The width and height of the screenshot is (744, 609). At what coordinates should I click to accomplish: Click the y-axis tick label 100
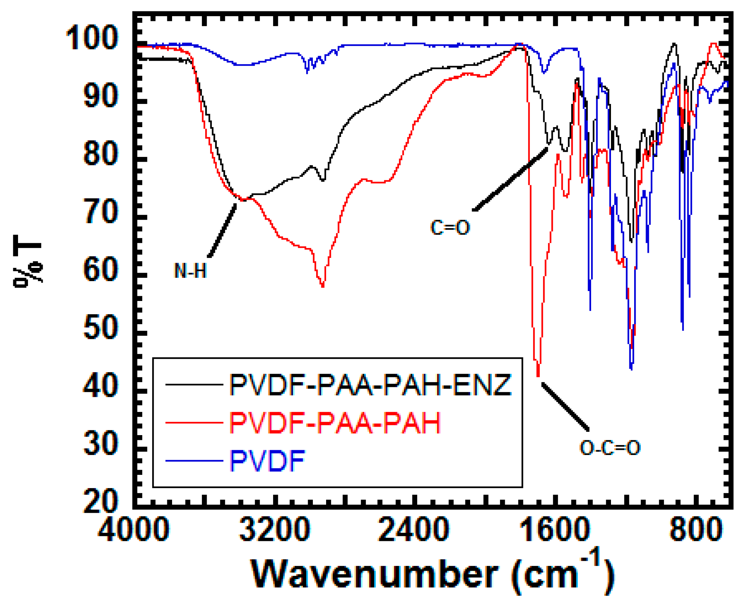92,38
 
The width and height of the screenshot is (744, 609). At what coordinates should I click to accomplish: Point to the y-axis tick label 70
100,212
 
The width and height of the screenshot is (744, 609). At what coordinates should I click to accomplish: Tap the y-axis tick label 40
100,386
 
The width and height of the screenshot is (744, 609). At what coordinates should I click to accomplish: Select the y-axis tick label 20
100,502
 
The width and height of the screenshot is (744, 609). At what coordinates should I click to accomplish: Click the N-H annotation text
190,271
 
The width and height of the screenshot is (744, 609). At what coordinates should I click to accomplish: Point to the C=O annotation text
450,227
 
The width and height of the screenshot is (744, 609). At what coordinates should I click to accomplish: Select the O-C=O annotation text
610,448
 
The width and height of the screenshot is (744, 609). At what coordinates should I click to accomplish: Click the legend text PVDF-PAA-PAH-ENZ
370,385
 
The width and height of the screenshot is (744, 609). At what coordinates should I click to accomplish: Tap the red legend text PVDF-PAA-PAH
335,423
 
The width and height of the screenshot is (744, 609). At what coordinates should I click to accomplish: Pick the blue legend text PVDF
267,461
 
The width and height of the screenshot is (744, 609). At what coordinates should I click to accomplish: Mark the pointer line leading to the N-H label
222,231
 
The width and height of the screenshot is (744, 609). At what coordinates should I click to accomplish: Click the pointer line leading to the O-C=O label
565,406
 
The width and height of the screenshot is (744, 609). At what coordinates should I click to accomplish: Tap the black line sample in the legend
194,385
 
